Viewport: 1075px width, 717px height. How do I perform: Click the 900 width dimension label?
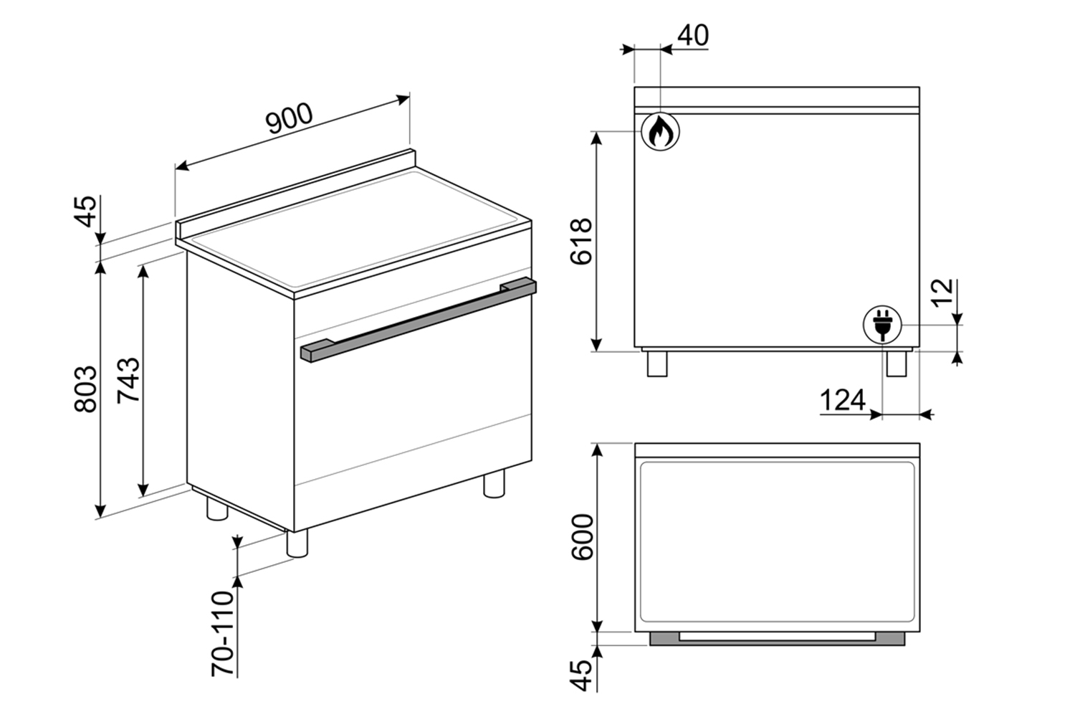[x=290, y=118]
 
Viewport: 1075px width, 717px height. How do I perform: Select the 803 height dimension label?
[x=85, y=389]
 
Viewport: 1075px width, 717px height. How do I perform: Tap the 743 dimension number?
[x=129, y=380]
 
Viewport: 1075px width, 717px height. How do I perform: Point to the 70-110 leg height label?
[x=222, y=633]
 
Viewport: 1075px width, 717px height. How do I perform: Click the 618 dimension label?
[x=581, y=242]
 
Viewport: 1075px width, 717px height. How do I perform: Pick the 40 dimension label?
[x=693, y=35]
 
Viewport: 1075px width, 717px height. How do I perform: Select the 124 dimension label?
[x=843, y=400]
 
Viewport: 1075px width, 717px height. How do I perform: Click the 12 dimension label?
[x=942, y=291]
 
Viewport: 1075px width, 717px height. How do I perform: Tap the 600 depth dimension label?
[x=582, y=537]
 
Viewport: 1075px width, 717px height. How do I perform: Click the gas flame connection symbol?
[x=660, y=132]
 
